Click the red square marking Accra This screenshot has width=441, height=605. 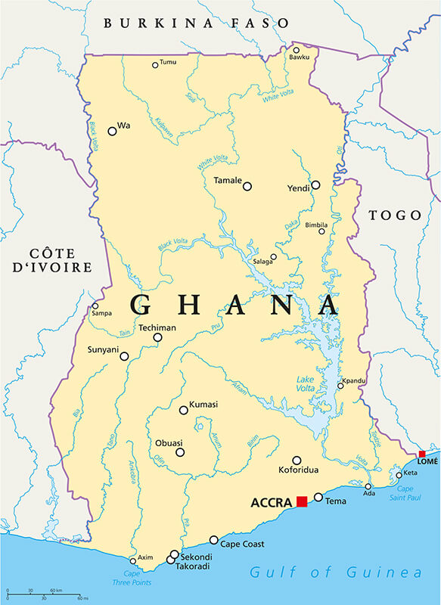pos(302,501)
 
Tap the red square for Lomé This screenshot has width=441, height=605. pos(422,454)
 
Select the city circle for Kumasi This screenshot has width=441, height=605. pos(184,410)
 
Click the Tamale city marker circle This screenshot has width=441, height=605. pos(247,186)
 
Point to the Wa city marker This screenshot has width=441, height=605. pos(112,131)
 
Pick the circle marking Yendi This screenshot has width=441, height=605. pos(315,185)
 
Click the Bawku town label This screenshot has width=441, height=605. pos(299,57)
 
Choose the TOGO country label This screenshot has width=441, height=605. pos(394,216)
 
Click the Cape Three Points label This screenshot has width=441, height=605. pos(132,578)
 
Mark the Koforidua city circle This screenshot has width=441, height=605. pos(297,460)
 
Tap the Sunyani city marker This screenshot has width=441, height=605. pos(124,356)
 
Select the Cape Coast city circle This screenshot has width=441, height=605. pos(214,540)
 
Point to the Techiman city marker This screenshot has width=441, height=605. pos(157,338)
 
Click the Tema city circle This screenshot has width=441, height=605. pos(318,497)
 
